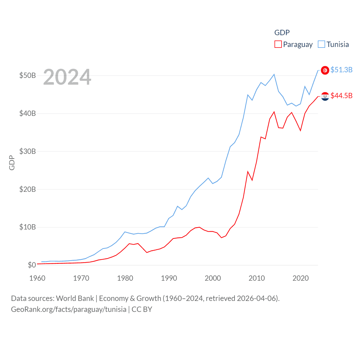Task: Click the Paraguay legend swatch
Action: coord(278,44)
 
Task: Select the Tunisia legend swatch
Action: coord(321,44)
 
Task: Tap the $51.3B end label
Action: coord(341,70)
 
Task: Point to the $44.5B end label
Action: coord(341,96)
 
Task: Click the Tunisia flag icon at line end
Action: coord(325,70)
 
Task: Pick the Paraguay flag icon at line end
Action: coord(325,96)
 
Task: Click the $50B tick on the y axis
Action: coord(28,76)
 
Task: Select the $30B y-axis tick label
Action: coord(28,151)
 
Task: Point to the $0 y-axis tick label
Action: coord(32,265)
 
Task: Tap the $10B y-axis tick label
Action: coord(28,227)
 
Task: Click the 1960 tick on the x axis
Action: coord(37,278)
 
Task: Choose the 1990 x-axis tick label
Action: coord(169,278)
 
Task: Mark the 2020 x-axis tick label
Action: coord(301,278)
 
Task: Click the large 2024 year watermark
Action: coord(67,77)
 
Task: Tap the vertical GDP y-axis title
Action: coord(12,163)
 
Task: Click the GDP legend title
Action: coord(282,33)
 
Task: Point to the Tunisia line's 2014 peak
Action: coord(274,75)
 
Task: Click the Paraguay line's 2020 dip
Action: coord(300,130)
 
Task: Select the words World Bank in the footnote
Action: coord(75,298)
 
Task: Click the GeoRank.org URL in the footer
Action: coord(69,309)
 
